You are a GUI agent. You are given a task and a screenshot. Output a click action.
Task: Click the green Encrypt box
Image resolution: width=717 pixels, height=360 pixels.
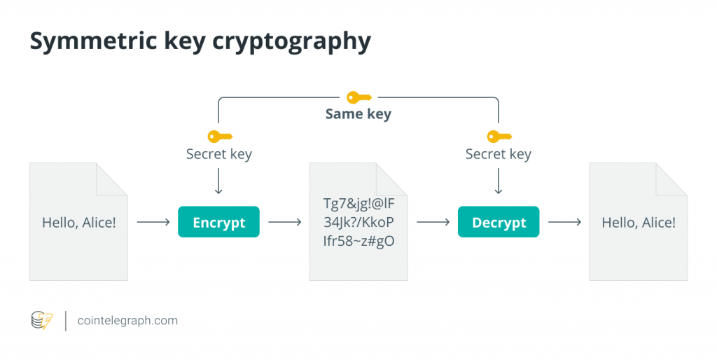[218, 223]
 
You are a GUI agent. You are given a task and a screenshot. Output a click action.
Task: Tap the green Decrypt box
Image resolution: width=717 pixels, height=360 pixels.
[499, 223]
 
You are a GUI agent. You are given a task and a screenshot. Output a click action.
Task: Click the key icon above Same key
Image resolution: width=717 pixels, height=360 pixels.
[358, 97]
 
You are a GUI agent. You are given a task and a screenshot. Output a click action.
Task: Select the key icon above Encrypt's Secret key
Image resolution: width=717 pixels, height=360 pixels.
[219, 136]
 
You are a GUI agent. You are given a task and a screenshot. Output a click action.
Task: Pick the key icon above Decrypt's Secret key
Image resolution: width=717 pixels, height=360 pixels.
[499, 136]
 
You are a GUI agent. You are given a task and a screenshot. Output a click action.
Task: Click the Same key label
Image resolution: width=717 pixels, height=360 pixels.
[358, 113]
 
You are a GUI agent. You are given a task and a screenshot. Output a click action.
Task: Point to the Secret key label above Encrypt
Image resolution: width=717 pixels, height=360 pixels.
[218, 154]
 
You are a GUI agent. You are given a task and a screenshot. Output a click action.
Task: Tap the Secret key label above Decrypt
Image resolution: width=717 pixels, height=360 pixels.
[499, 154]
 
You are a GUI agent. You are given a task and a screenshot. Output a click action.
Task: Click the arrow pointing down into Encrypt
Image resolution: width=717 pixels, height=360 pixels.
[218, 183]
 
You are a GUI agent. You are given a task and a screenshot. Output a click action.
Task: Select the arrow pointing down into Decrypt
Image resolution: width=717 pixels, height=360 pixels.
[499, 183]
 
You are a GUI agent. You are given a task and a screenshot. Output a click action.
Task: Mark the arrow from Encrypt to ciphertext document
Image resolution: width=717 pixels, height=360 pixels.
[284, 223]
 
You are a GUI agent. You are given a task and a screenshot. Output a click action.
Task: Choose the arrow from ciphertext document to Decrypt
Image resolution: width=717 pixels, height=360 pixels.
[433, 223]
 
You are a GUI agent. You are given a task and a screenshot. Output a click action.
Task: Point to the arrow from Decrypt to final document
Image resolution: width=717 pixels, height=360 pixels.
[564, 223]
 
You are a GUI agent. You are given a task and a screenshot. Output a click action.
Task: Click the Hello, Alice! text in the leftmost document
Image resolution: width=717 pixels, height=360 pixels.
[78, 223]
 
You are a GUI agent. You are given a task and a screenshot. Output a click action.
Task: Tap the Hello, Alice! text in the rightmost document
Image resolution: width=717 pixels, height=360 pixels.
[639, 223]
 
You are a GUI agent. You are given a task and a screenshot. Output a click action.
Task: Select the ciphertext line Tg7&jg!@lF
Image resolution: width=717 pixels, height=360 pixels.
[358, 205]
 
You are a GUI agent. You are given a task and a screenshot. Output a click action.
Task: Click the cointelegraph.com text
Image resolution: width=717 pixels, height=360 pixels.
[127, 321]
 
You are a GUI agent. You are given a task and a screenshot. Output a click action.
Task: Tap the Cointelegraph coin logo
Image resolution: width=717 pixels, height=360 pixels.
[42, 321]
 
